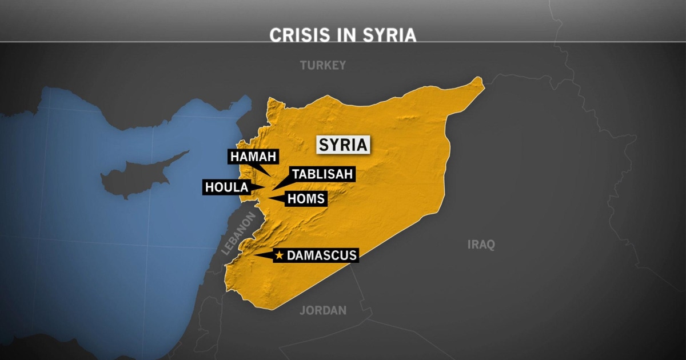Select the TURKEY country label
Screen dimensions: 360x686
pos(323,65)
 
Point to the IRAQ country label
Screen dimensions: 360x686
pos(481,245)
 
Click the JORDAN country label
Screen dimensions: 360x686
pos(323,310)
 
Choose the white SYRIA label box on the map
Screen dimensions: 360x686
pos(342,145)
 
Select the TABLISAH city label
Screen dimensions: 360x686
pos(322,174)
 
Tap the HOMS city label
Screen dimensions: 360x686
pos(306,199)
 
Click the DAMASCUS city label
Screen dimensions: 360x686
pos(321,255)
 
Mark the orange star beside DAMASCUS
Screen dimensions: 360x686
pos(279,255)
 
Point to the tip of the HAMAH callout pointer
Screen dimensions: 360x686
pos(272,175)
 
